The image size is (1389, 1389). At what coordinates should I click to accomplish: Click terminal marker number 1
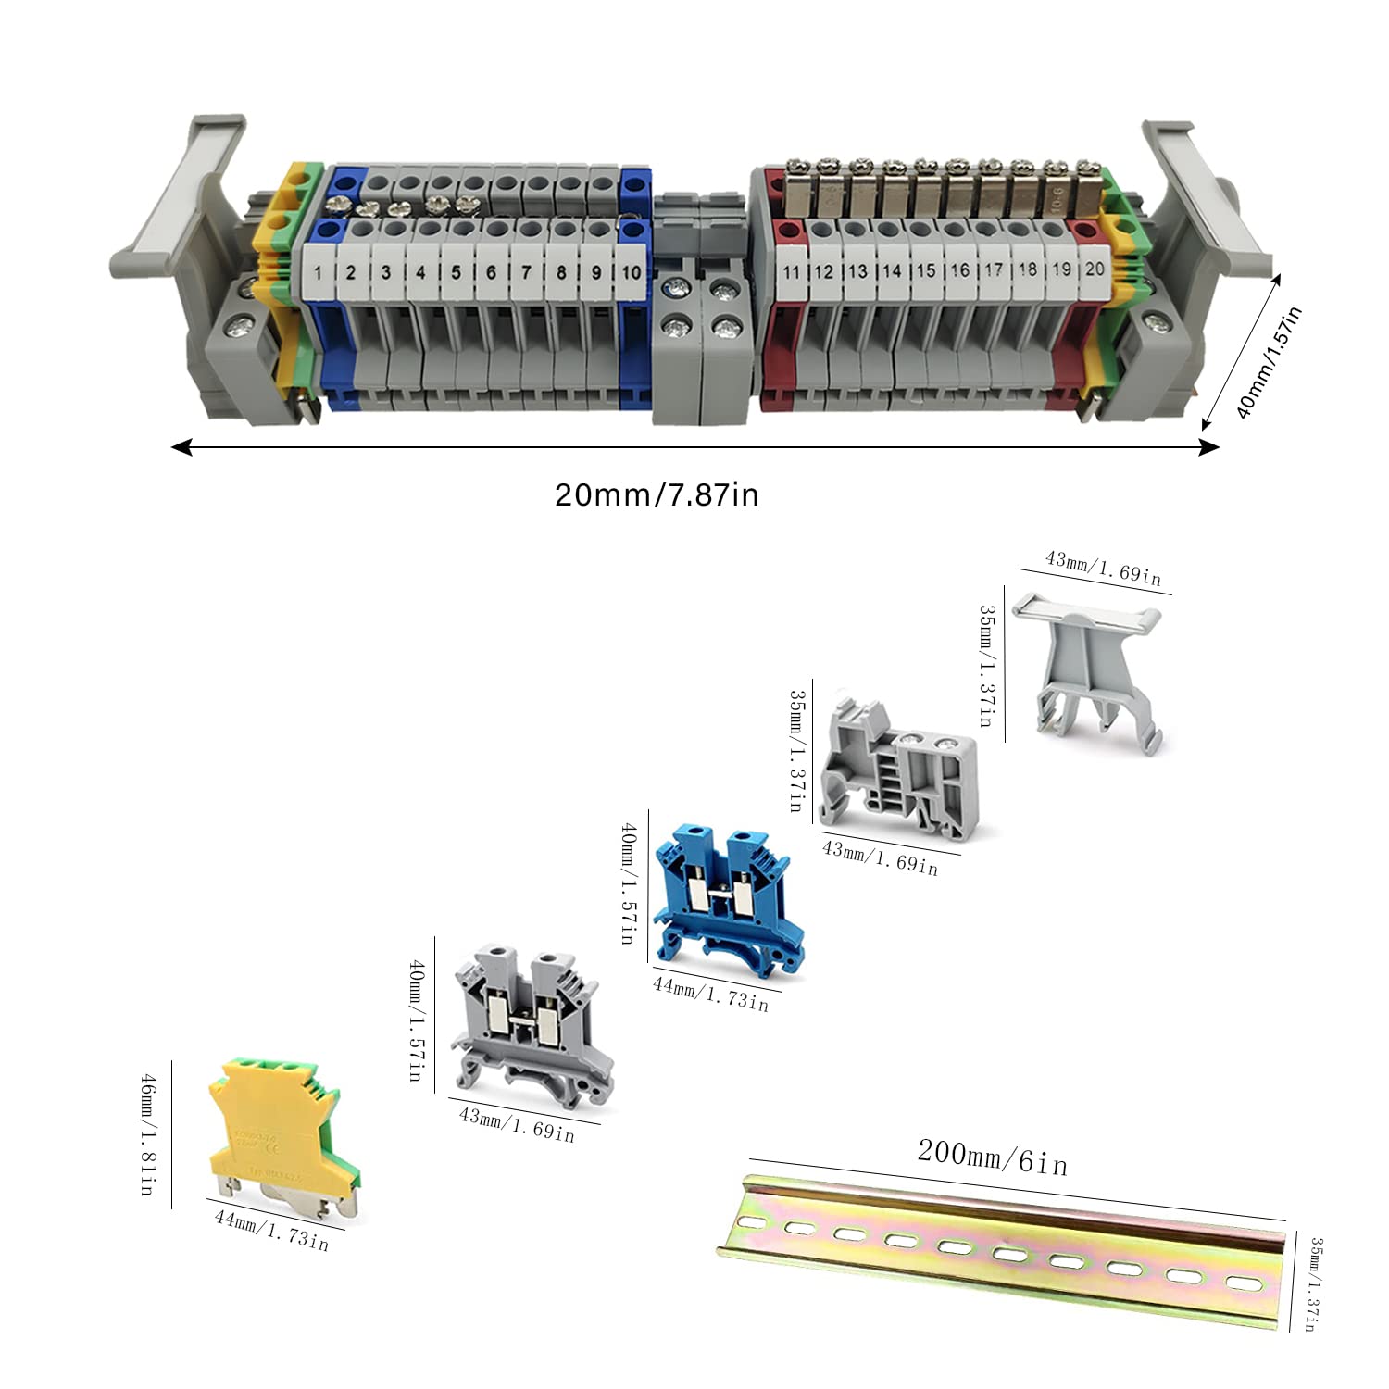pos(318,272)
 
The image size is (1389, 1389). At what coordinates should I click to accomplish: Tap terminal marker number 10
pos(631,272)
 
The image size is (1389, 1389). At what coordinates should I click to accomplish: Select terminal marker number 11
pos(791,271)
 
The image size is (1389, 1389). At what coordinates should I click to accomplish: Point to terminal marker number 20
pos(1095,269)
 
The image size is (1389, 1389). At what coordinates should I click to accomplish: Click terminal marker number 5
pos(456,272)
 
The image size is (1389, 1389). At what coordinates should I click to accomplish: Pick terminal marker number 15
pos(926,270)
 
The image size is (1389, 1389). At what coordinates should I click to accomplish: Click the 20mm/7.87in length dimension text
pos(657,494)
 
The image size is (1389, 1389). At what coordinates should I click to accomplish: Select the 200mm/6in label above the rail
pos(992,1157)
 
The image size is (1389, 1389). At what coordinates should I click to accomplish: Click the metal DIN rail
pos(1000,1250)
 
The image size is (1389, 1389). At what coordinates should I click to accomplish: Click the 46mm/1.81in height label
pos(148,1133)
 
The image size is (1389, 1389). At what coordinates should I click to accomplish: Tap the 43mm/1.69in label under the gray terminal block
pos(517,1125)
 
